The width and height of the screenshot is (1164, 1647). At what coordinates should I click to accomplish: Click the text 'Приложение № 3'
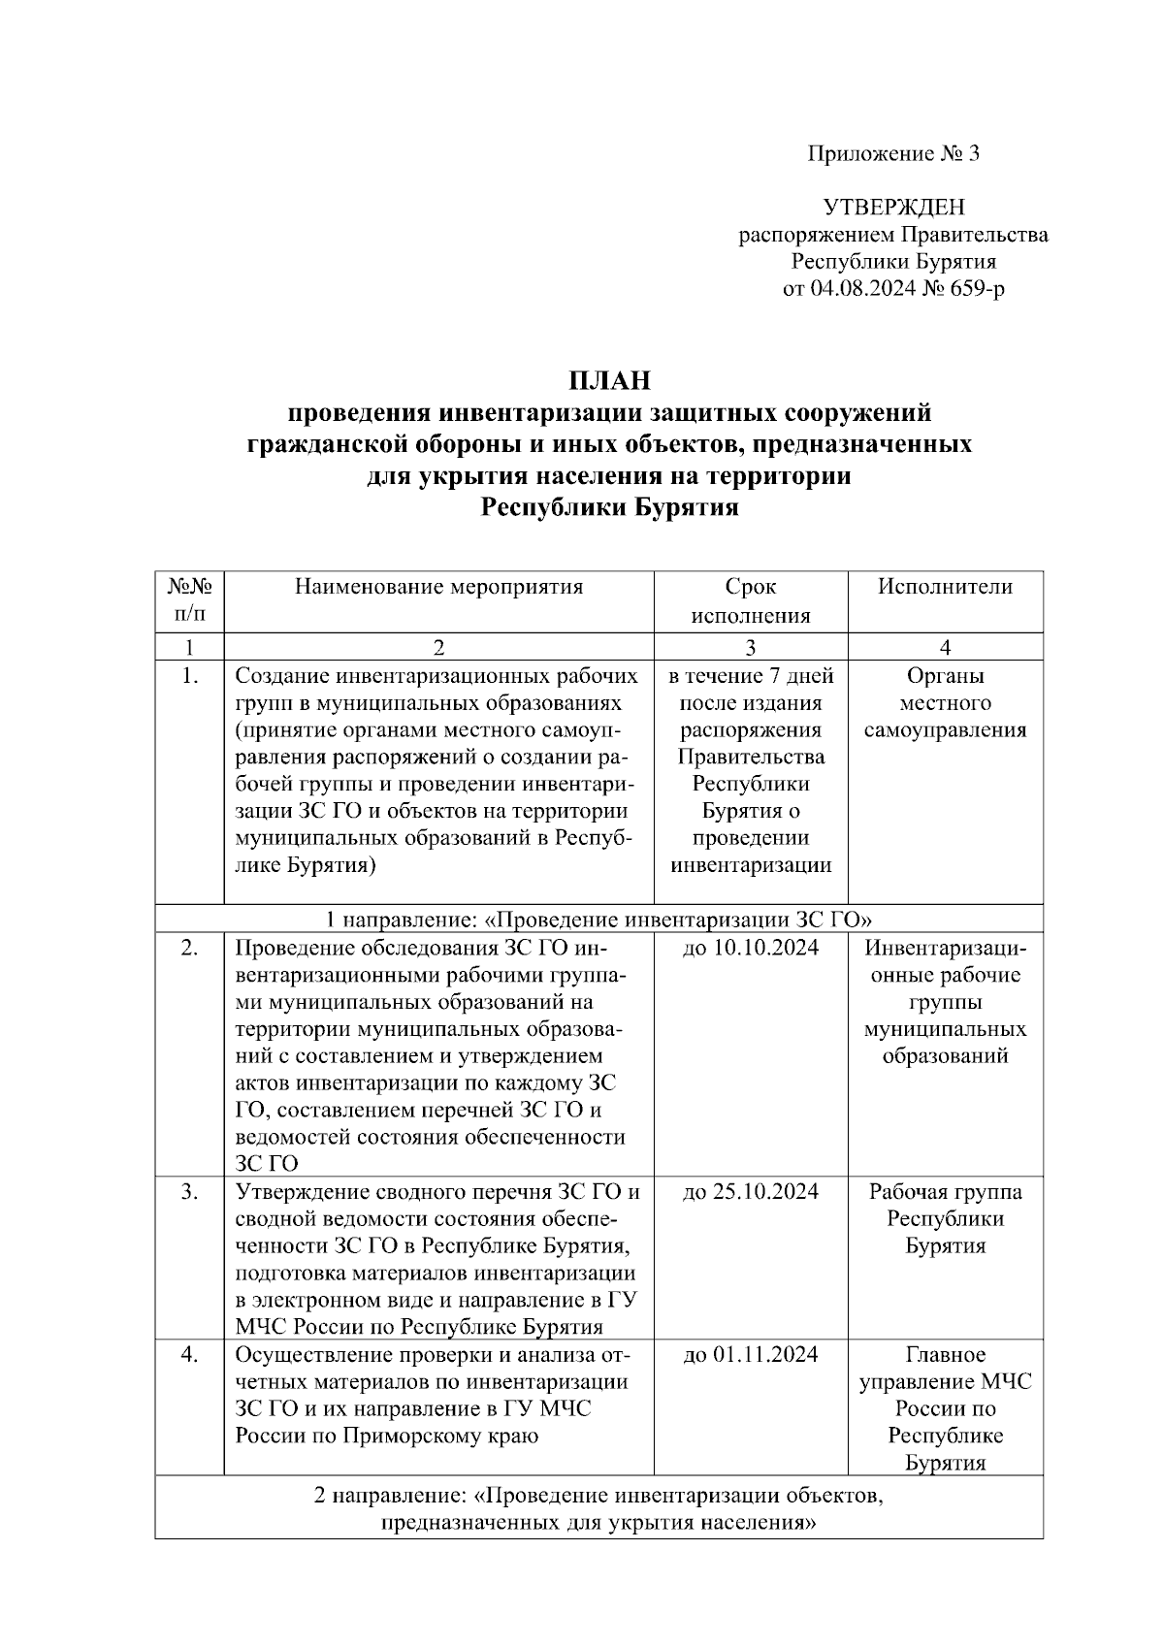(x=893, y=153)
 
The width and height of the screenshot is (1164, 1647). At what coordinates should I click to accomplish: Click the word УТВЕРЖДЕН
(x=893, y=207)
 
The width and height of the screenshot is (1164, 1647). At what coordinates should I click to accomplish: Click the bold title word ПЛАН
(x=609, y=380)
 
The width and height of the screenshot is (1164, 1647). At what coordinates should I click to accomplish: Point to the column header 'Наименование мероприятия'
(x=438, y=587)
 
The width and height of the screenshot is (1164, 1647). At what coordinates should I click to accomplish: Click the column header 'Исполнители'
(x=945, y=587)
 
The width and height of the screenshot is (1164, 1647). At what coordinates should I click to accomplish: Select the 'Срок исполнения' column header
(x=750, y=601)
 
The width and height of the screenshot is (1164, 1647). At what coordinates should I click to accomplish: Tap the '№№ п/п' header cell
(x=189, y=601)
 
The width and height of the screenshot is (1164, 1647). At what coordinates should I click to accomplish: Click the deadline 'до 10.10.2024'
(x=750, y=948)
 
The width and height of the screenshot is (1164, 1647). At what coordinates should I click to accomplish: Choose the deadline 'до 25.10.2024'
(x=750, y=1192)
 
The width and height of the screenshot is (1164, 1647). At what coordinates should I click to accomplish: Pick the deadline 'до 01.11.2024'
(x=750, y=1355)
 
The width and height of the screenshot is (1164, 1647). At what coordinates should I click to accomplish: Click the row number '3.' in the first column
(x=189, y=1192)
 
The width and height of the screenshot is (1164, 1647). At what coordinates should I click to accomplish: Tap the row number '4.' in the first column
(x=189, y=1355)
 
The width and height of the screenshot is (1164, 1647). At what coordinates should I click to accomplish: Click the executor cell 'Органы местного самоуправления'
(x=945, y=703)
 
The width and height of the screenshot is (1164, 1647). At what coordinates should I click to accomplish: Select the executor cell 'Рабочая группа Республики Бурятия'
(x=945, y=1219)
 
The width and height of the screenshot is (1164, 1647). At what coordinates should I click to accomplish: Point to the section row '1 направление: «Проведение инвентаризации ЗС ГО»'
(x=598, y=920)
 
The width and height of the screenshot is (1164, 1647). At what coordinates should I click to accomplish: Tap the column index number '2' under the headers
(x=438, y=648)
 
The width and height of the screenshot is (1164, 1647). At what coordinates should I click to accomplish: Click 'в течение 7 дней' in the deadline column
(x=750, y=676)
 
